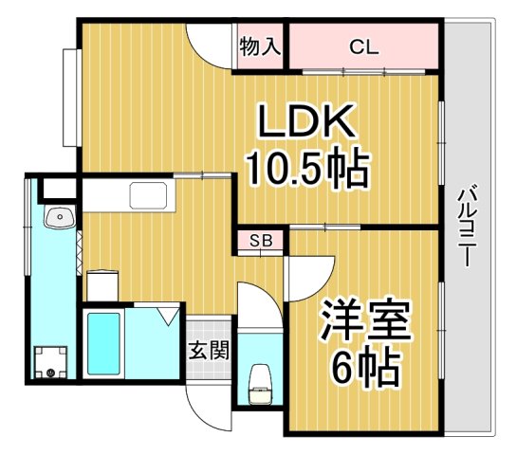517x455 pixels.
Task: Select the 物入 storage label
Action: tap(260, 45)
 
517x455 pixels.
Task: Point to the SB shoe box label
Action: tap(261, 240)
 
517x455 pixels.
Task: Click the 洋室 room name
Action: tap(365, 320)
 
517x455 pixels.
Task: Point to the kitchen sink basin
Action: tap(150, 197)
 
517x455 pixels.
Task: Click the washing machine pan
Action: tap(51, 361)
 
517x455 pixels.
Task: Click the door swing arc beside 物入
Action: tap(212, 43)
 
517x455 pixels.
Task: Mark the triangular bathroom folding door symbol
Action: tap(169, 313)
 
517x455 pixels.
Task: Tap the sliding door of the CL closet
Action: tap(360, 70)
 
